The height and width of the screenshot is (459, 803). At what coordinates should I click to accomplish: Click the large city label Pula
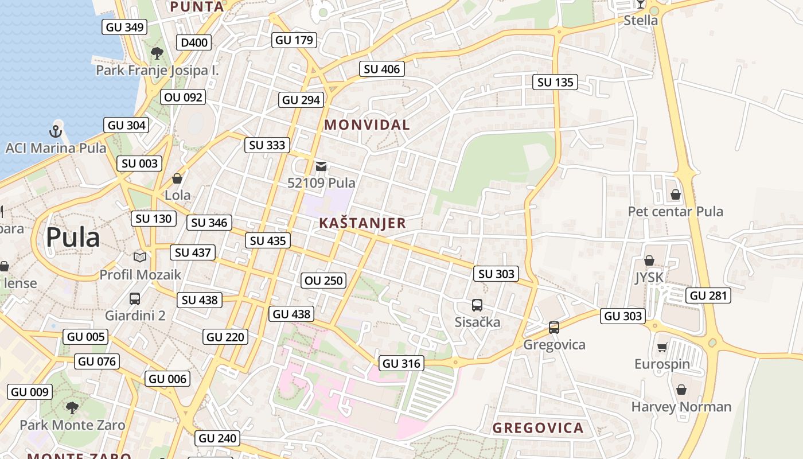(x=73, y=237)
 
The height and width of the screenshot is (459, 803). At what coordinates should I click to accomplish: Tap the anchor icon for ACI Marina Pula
(x=56, y=131)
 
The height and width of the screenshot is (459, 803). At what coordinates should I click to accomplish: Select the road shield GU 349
(x=124, y=26)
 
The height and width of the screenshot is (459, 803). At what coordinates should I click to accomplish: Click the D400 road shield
(x=194, y=42)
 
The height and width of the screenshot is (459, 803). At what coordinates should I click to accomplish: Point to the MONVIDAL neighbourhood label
(x=367, y=125)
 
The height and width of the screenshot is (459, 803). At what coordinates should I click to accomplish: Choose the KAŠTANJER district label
(x=362, y=223)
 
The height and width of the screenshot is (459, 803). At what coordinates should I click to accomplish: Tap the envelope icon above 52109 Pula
(x=321, y=166)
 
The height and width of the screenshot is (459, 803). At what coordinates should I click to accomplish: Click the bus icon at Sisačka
(x=477, y=305)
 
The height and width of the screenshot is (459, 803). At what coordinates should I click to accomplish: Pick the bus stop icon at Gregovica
(x=554, y=328)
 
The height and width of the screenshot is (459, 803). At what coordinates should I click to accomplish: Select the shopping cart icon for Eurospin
(x=662, y=347)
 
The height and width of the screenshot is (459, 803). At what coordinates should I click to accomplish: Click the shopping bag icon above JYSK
(x=649, y=260)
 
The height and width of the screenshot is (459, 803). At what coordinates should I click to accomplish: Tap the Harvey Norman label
(x=681, y=407)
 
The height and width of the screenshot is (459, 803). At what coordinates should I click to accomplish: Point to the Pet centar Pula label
(x=675, y=211)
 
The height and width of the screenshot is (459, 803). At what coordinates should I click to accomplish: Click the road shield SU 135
(x=555, y=82)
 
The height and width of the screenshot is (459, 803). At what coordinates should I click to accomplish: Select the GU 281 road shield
(x=708, y=295)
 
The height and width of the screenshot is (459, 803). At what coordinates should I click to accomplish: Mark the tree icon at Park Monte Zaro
(x=72, y=407)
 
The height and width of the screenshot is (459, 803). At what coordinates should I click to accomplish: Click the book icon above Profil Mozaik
(x=140, y=257)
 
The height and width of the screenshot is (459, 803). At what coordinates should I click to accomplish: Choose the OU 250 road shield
(x=324, y=281)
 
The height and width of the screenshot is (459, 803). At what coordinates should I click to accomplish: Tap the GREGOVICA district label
(x=538, y=427)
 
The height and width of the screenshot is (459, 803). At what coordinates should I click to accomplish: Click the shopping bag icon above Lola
(x=177, y=178)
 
